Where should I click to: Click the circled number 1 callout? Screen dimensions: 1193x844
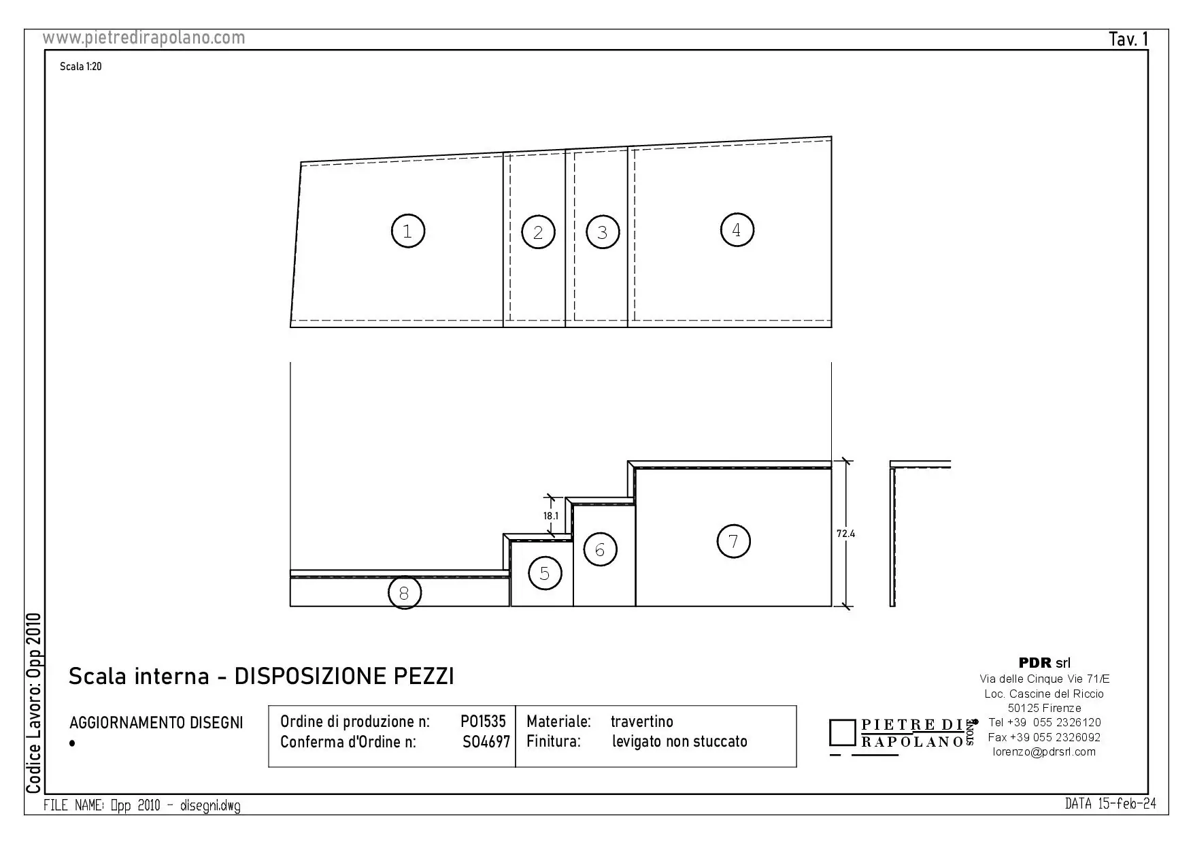[x=407, y=231]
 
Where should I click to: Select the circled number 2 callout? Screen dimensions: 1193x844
[x=538, y=232]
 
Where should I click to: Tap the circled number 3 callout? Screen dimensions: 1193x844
[x=602, y=232]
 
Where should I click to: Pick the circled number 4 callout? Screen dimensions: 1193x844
[x=737, y=230]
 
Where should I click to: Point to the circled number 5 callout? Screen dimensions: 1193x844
[x=545, y=573]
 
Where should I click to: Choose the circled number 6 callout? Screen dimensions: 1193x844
[x=600, y=549]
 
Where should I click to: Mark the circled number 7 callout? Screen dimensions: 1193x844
[x=734, y=541]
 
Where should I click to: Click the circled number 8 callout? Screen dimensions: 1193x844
[x=404, y=593]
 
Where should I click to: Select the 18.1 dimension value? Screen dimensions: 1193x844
[x=550, y=516]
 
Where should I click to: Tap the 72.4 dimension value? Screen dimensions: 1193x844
[x=845, y=534]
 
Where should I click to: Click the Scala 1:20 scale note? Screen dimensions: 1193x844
[x=80, y=67]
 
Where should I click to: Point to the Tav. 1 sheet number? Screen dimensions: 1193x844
[x=1128, y=39]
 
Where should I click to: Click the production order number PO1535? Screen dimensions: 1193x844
[x=483, y=721]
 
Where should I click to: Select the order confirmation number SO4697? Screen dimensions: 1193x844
[x=486, y=742]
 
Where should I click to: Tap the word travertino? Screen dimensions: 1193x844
[x=641, y=721]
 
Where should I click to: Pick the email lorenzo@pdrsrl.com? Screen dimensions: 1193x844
[x=1044, y=752]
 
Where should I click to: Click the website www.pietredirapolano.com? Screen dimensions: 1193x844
[x=144, y=38]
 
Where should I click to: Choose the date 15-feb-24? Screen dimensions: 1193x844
[x=1127, y=804]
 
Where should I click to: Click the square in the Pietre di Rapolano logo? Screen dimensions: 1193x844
[x=843, y=732]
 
